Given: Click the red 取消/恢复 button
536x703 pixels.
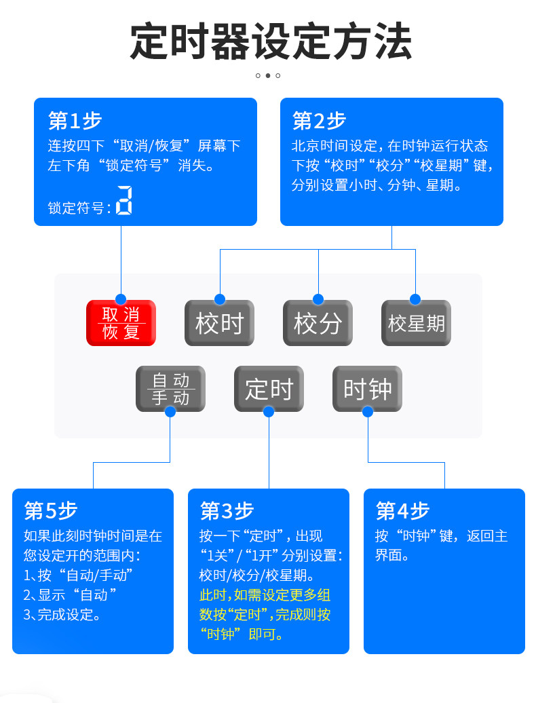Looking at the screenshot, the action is pyautogui.click(x=121, y=323).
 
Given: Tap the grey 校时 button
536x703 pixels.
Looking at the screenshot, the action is pyautogui.click(x=220, y=323).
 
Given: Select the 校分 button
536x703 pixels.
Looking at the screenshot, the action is pyautogui.click(x=318, y=323).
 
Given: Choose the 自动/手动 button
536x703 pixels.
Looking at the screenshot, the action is pyautogui.click(x=170, y=389).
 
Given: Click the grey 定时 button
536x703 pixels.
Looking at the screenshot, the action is pyautogui.click(x=269, y=389).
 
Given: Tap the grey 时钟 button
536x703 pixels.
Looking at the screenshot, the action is pyautogui.click(x=367, y=389).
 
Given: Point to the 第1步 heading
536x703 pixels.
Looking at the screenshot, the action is pyautogui.click(x=75, y=121).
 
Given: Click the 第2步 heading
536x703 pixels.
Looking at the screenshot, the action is pyautogui.click(x=319, y=121).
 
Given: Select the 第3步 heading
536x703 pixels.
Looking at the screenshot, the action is pyautogui.click(x=227, y=511).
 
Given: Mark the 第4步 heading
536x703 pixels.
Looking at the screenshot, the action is pyautogui.click(x=402, y=511).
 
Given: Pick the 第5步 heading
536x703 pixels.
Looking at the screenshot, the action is pyautogui.click(x=51, y=511).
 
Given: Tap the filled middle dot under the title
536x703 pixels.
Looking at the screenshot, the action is pyautogui.click(x=268, y=75).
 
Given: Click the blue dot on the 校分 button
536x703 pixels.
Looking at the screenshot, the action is pyautogui.click(x=318, y=299).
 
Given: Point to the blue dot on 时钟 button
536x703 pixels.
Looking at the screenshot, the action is pyautogui.click(x=368, y=412).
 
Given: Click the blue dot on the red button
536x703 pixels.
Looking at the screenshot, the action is pyautogui.click(x=121, y=299).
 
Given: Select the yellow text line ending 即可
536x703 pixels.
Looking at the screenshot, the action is pyautogui.click(x=242, y=634).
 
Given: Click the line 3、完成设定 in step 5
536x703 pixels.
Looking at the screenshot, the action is pyautogui.click(x=62, y=614).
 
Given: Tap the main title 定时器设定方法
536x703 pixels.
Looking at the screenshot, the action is pyautogui.click(x=271, y=41).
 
